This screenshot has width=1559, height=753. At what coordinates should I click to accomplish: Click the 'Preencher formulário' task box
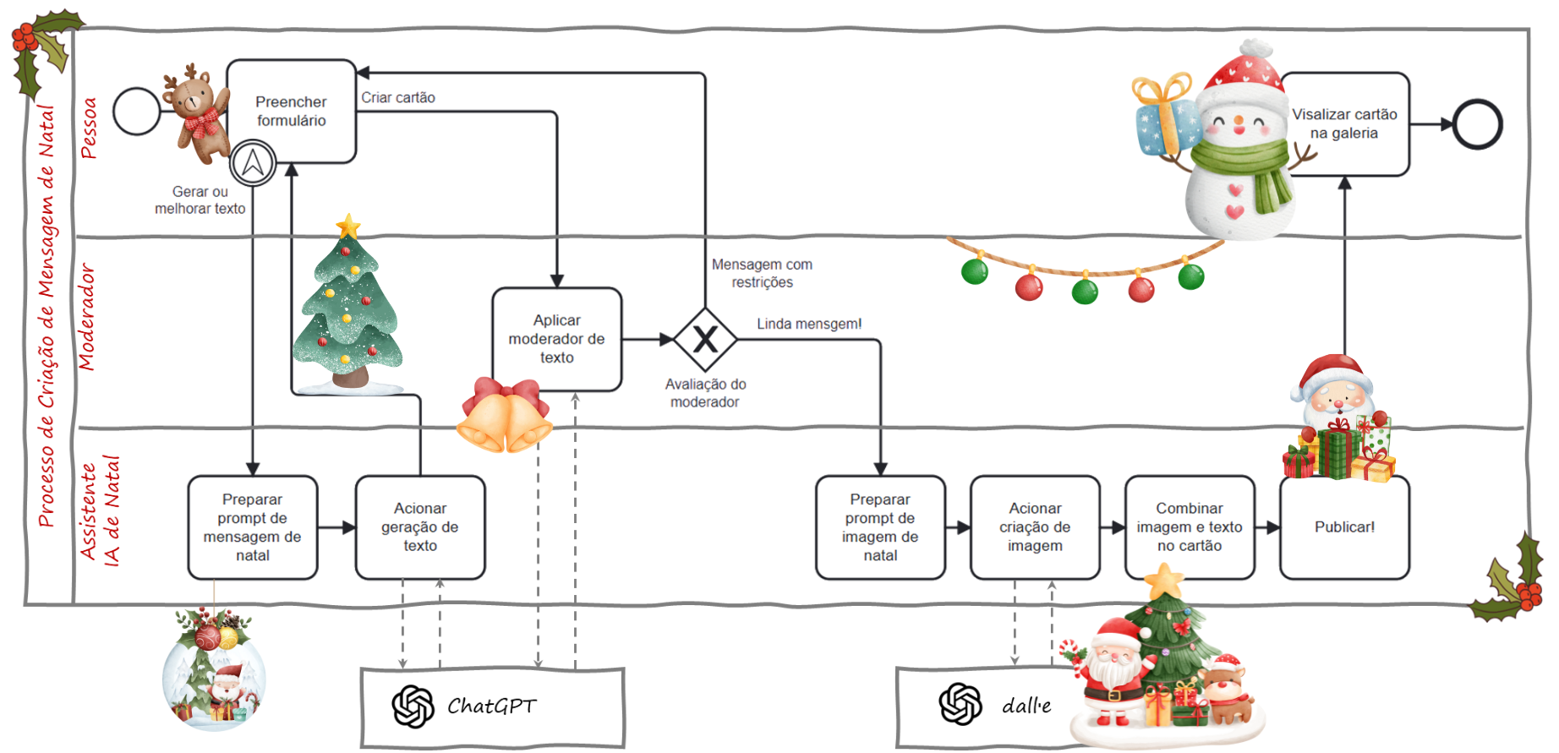[291, 111]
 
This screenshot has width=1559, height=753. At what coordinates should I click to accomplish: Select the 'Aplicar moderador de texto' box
[556, 339]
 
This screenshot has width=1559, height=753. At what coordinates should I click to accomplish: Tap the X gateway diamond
[705, 340]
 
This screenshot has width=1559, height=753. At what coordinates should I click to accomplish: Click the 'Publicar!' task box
[1344, 527]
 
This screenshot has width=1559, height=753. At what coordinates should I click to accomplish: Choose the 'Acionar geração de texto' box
[420, 527]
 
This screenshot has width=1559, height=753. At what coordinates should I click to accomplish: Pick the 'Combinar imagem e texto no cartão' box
[1189, 527]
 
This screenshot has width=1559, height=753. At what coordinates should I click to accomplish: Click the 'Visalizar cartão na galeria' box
[1344, 123]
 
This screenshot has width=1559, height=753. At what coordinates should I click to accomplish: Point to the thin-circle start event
[136, 111]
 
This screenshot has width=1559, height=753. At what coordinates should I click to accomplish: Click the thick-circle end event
[1477, 124]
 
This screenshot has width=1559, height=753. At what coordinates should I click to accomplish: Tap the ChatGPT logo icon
[413, 706]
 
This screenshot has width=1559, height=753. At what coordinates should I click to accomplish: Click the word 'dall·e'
[1026, 706]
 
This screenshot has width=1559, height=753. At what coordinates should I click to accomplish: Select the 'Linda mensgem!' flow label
[809, 324]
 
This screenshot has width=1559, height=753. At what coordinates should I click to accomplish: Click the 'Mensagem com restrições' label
[762, 273]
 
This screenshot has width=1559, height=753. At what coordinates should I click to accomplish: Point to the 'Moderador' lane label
[86, 317]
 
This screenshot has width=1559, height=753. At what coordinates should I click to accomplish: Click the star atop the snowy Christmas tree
[347, 226]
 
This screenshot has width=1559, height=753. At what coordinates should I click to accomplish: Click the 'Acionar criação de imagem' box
[1035, 527]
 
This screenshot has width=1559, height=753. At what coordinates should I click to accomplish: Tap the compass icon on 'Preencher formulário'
[253, 163]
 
